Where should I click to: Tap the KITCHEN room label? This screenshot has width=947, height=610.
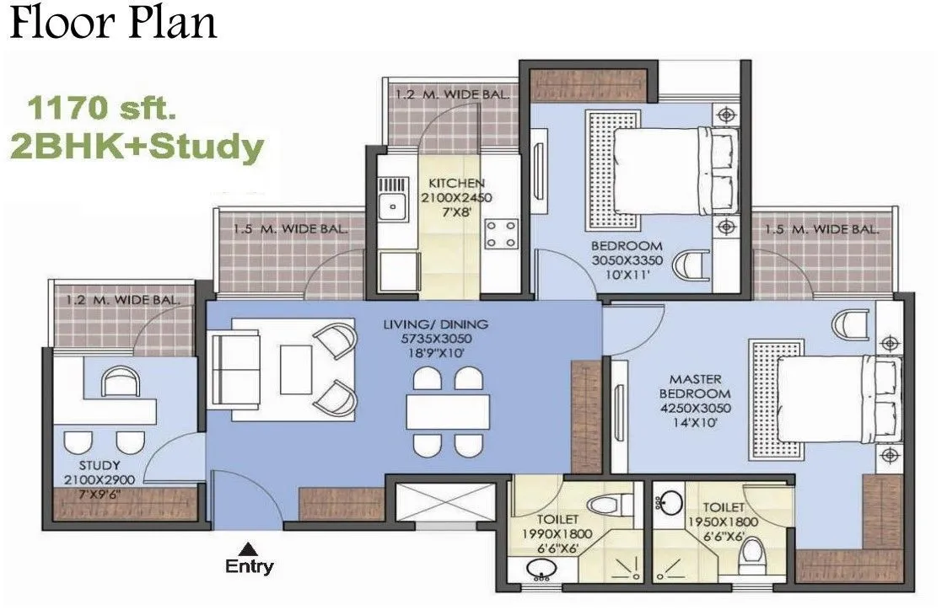pos(456,183)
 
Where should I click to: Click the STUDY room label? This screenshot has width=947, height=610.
pos(100,465)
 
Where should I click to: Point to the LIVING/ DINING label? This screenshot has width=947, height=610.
pos(434,324)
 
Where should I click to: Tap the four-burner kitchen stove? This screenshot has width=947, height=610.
pos(501,233)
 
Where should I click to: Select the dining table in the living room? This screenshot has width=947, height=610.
pos(447,411)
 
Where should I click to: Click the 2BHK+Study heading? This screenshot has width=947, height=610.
pos(135,147)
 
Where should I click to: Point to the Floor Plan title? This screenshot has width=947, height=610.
pos(113,23)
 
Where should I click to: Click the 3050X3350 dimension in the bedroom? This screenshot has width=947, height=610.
pos(625,260)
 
